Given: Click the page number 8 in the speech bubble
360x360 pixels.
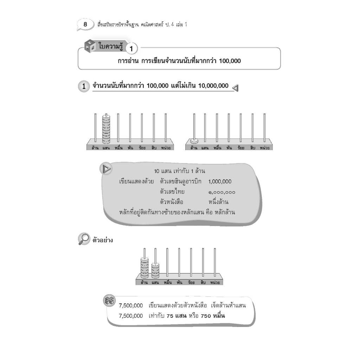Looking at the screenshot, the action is click(x=85, y=24).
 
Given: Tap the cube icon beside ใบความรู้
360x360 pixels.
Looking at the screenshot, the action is click(x=90, y=46).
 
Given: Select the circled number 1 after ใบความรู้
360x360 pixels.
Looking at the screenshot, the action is click(x=131, y=49).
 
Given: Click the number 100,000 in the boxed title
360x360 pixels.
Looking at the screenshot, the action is click(x=230, y=61).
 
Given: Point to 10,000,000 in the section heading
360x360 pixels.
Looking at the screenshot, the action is click(x=213, y=86).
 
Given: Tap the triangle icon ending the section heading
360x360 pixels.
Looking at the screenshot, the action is click(x=235, y=88).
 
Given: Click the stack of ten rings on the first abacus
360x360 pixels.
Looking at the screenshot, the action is click(x=106, y=129).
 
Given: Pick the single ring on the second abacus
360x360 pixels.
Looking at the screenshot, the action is click(x=194, y=141).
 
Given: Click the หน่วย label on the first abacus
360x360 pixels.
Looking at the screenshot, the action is click(x=166, y=148).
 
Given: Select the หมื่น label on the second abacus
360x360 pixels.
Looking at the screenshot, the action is click(x=217, y=148).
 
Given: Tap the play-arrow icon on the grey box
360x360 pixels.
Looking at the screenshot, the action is click(x=106, y=169).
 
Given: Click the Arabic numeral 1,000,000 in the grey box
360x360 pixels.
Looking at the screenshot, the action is click(x=220, y=182).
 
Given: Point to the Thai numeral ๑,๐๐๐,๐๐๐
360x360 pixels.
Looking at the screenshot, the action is click(x=221, y=192).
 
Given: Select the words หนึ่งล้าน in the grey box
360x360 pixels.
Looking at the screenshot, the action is click(x=218, y=202).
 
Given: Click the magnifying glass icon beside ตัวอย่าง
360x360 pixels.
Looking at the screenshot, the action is click(x=84, y=239).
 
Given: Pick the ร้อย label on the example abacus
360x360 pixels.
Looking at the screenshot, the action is click(x=191, y=282).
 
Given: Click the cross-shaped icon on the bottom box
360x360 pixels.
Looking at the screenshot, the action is click(x=109, y=301).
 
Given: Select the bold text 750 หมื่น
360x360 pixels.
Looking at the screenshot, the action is click(x=213, y=316).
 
